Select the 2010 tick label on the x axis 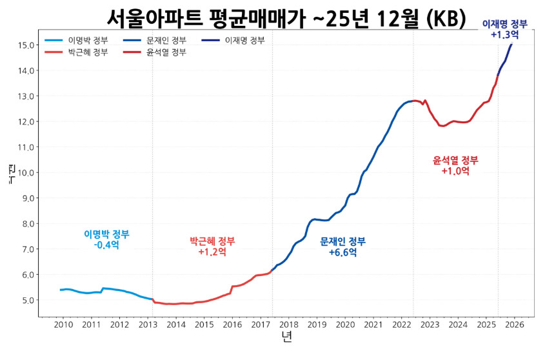click(x=63, y=325)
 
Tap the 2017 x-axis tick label click(x=261, y=325)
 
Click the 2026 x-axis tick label click(x=515, y=325)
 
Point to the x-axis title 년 click(x=286, y=337)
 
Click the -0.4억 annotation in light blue click(x=106, y=245)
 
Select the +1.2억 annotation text click(x=212, y=252)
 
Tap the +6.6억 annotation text click(x=342, y=252)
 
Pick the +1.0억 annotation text click(x=455, y=171)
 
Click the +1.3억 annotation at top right click(x=504, y=34)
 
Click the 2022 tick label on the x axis click(x=402, y=325)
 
